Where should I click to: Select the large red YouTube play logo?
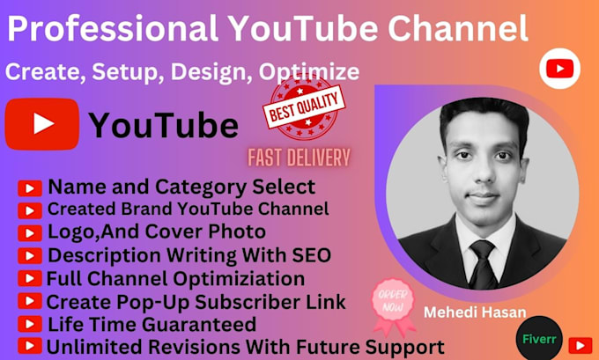tap(41, 124)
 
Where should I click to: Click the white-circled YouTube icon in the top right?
tap(558, 69)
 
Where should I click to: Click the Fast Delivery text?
tap(299, 158)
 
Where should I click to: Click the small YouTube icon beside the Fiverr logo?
tap(580, 344)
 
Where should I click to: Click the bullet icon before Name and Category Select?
tap(29, 187)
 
